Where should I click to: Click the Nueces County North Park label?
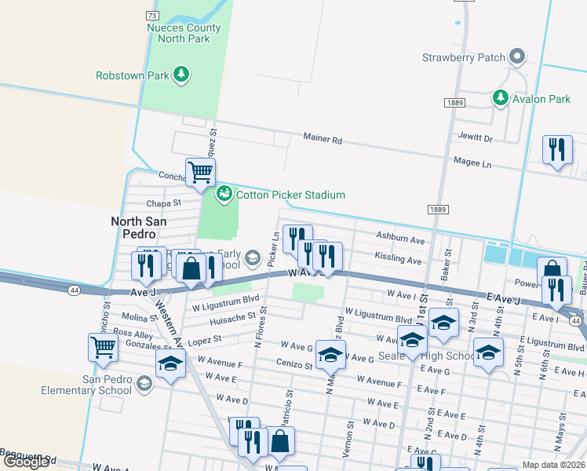(185, 31)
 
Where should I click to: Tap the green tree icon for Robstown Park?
(182, 75)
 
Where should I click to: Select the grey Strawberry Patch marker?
(517, 57)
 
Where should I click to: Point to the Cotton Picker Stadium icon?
(224, 193)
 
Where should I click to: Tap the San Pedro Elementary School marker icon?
(144, 383)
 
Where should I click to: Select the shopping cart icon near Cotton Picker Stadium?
(200, 172)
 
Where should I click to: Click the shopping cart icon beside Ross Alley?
(104, 346)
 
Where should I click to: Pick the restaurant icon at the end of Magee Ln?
(557, 148)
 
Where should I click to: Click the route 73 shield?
(152, 15)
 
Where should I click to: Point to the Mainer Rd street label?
(323, 139)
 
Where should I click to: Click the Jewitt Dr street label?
(476, 138)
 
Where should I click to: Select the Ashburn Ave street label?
(399, 239)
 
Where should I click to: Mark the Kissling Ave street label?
(398, 259)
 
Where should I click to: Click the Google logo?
(26, 462)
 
